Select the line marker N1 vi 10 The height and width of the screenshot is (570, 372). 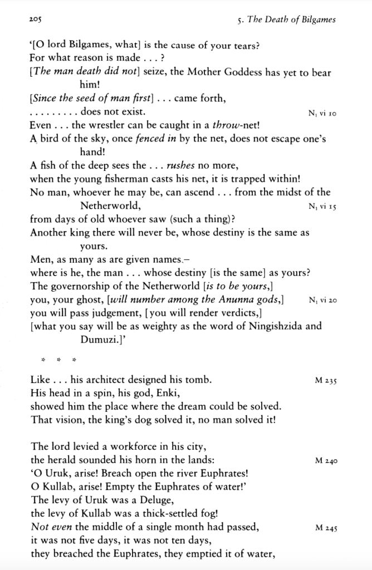[322, 114]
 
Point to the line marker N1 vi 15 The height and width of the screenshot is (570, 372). [322, 207]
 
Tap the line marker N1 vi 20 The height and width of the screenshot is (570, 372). [322, 300]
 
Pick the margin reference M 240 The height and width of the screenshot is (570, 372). [326, 461]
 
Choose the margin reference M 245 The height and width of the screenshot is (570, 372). [326, 528]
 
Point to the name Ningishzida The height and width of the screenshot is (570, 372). [275, 327]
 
